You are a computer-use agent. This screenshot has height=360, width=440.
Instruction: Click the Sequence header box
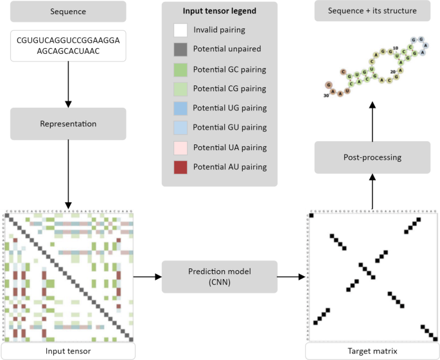67,12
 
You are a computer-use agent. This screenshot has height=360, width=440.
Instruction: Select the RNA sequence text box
67,46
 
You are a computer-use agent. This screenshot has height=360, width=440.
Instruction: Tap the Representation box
67,124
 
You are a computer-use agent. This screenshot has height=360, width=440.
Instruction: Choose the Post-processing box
373,157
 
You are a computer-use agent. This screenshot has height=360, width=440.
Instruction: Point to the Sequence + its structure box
373,12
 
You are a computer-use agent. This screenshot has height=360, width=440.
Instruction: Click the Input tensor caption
67,351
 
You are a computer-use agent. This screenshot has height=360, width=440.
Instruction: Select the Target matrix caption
373,351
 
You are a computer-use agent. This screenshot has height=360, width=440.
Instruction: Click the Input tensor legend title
220,12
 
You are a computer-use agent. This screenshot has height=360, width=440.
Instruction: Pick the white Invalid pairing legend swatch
180,30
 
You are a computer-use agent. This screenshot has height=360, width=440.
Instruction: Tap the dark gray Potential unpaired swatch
180,49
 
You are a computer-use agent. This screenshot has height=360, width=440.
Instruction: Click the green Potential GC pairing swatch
180,69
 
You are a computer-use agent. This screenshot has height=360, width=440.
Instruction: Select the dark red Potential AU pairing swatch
180,167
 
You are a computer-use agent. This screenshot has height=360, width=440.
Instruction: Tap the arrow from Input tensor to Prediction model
147,277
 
